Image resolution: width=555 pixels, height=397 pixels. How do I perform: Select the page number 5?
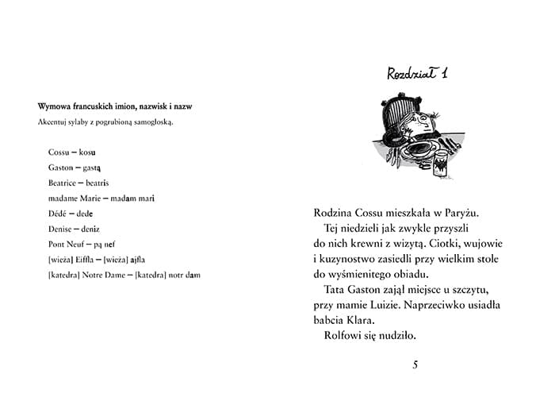[415, 364]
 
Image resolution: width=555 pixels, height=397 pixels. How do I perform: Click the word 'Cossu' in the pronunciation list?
[59, 151]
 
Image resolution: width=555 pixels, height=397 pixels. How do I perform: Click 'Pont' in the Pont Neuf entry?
[57, 244]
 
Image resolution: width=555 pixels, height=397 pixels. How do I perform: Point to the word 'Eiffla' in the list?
[84, 260]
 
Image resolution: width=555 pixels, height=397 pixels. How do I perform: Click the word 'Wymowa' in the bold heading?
[53, 106]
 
